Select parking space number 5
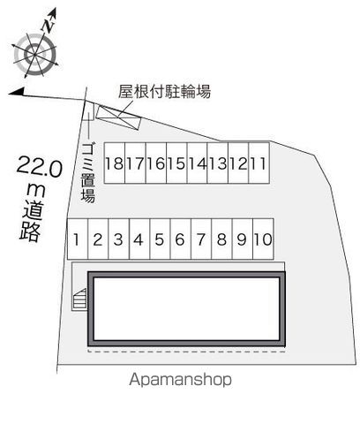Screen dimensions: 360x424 (x=160, y=238)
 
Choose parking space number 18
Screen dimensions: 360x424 (x=115, y=163)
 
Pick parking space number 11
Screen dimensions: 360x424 (x=259, y=163)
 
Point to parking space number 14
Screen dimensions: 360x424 (x=198, y=163)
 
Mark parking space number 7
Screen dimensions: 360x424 (x=201, y=238)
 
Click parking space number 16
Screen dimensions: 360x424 (x=156, y=163)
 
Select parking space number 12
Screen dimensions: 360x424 (x=238, y=163)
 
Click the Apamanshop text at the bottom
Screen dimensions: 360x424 (x=180, y=380)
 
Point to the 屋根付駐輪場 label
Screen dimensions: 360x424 (x=164, y=91)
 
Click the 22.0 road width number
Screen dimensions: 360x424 (x=40, y=167)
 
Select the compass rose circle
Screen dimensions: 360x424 (x=35, y=55)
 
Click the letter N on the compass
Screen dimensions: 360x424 (x=48, y=26)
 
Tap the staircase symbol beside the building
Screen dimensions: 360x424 (x=79, y=299)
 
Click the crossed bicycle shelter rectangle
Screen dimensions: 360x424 (x=119, y=117)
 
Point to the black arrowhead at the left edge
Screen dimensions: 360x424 (x=16, y=92)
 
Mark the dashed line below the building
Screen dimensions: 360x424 (x=187, y=352)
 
